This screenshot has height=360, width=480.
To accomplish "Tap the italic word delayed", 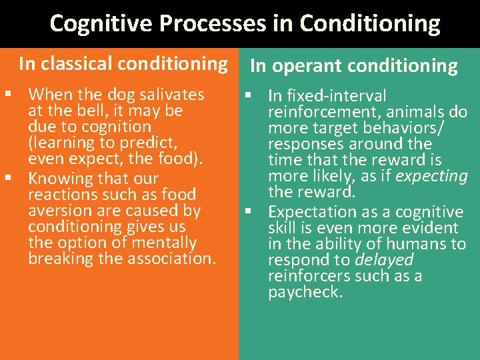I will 384,260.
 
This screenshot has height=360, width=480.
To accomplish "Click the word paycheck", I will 305,292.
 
